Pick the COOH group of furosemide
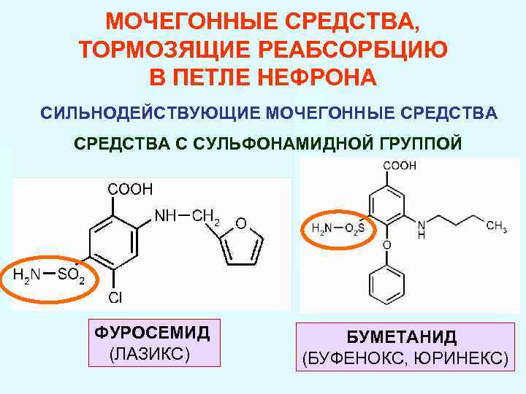point(131,190)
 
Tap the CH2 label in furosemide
point(207,216)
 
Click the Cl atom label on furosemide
point(115,298)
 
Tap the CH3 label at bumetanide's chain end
point(497,228)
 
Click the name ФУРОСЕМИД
point(152,333)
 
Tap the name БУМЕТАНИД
point(402,337)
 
